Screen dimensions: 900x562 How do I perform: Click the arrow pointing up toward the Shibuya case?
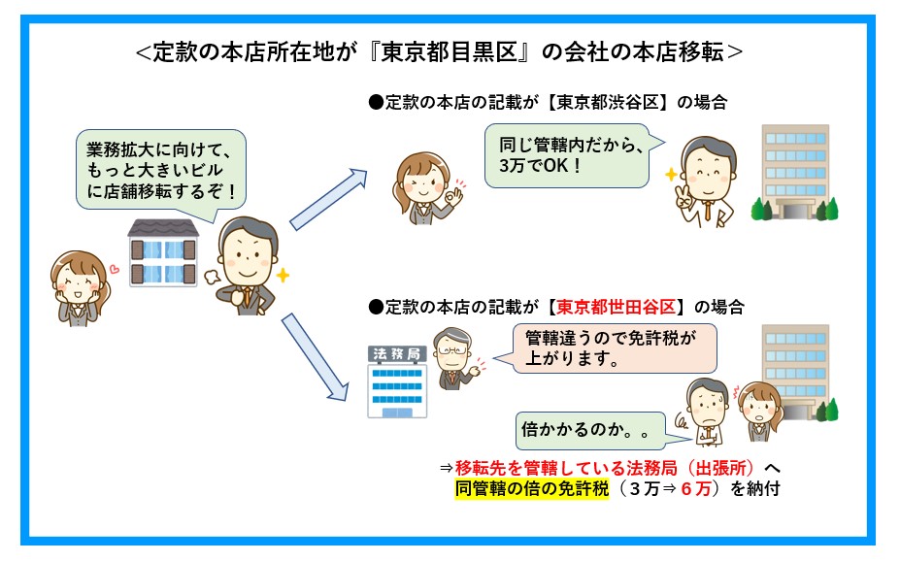[328, 199]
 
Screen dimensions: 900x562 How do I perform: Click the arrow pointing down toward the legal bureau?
[315, 357]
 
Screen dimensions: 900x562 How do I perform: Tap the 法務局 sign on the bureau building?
[397, 354]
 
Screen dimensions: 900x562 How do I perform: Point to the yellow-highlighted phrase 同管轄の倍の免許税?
[531, 488]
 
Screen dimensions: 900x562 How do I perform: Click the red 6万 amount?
[696, 488]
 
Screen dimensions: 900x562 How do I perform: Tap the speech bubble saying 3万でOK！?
[568, 155]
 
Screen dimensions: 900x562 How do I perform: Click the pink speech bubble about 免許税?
[612, 348]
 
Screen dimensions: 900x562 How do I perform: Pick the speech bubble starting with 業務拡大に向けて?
[161, 170]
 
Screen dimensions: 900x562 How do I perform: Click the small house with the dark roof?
[163, 252]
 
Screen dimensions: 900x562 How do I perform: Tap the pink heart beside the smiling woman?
[115, 268]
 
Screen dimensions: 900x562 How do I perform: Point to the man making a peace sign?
[705, 182]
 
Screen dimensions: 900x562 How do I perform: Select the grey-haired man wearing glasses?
[455, 359]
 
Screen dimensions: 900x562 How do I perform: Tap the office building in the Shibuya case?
[795, 172]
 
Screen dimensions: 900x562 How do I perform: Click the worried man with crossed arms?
[707, 412]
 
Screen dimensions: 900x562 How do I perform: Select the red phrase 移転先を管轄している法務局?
[566, 468]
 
